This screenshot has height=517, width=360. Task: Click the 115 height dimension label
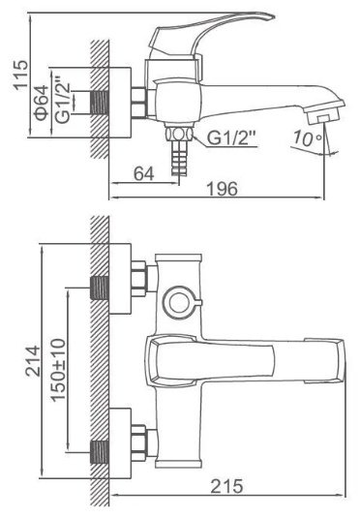coord(20,75)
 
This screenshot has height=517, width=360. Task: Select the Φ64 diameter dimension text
coord(42,103)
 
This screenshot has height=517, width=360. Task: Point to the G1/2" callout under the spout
coord(231,137)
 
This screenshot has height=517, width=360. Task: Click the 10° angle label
coord(307,137)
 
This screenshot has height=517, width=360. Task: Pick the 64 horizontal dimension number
coord(144,173)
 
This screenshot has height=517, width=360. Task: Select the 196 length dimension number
coord(222,189)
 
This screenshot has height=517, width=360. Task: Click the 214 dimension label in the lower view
coord(33,361)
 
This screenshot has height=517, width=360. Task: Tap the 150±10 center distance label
coord(58,370)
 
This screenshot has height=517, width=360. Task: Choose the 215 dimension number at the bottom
coord(226,486)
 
